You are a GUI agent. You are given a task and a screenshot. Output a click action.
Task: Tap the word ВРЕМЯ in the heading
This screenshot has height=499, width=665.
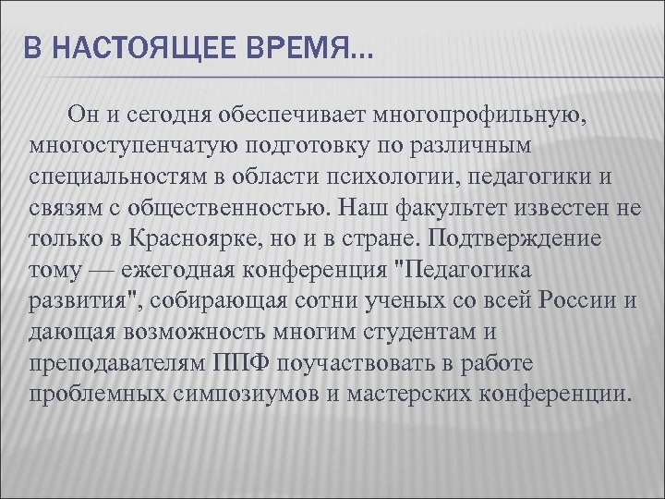(288, 47)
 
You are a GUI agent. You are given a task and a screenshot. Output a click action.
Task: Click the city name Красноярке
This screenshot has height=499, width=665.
(195, 237)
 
